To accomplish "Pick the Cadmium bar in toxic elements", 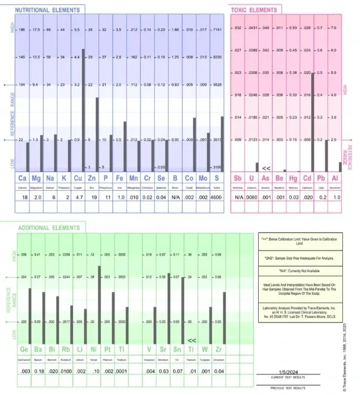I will [x=313, y=122].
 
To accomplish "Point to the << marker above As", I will [x=265, y=167].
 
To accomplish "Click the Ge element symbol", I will [x=24, y=350].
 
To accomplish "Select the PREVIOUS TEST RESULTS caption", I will [x=286, y=389].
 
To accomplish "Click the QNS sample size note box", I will [x=300, y=258].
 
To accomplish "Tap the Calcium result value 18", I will [x=23, y=196].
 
